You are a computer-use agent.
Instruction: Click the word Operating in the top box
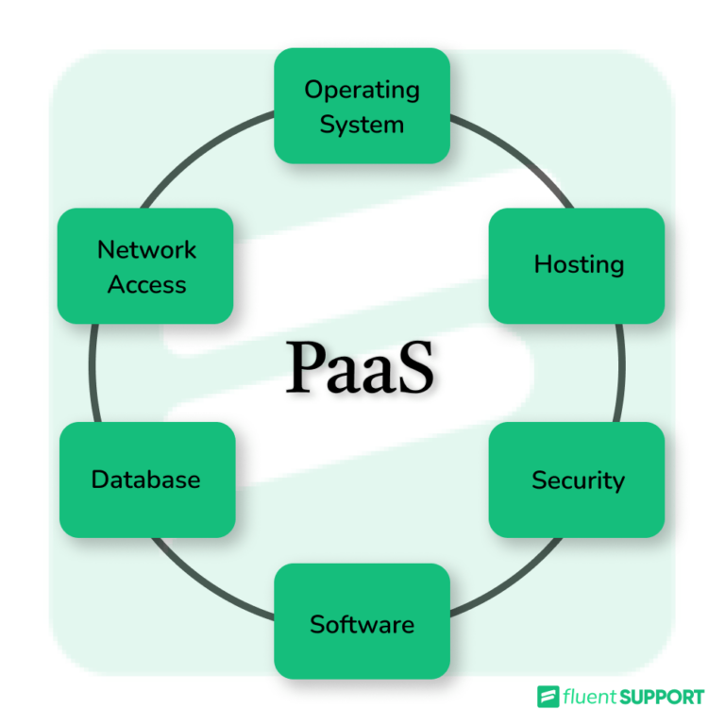362,91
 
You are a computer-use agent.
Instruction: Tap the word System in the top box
362,125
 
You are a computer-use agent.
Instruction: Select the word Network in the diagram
146,250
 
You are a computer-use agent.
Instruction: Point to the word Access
146,284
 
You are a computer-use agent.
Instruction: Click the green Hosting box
577,264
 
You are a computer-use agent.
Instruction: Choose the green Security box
577,480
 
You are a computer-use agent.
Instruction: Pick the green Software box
362,623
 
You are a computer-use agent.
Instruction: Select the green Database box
146,480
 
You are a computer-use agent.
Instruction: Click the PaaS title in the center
361,368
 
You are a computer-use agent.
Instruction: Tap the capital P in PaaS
305,368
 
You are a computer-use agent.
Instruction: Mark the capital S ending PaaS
417,368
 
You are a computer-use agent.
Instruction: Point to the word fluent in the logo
589,698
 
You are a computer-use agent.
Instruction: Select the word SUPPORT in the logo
663,698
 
